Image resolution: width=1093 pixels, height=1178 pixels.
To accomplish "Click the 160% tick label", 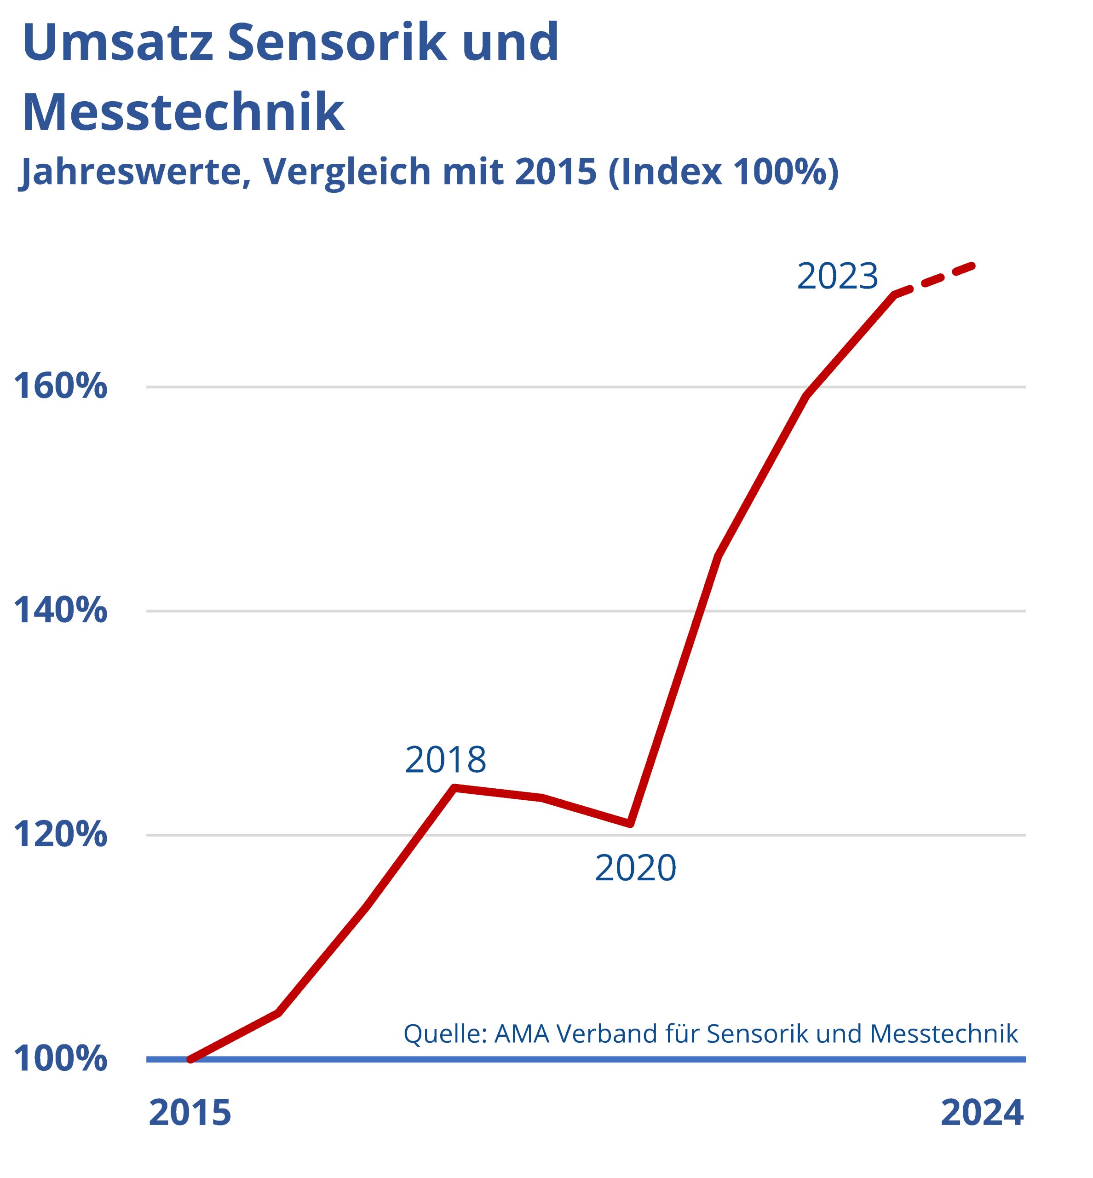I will coord(60,387).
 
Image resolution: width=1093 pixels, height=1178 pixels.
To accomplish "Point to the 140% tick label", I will coord(60,611).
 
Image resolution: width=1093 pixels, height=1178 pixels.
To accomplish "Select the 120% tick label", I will coord(60,835).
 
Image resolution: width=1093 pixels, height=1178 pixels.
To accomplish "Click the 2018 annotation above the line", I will coord(445,760).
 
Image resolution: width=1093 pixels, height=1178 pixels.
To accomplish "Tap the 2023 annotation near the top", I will coord(838,276).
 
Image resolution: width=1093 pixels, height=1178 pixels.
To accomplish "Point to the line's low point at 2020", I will coord(631,824).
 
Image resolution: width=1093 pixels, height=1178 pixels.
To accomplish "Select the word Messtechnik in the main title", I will coord(184,112).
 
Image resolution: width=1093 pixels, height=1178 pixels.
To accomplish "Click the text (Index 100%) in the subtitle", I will coord(723,172).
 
